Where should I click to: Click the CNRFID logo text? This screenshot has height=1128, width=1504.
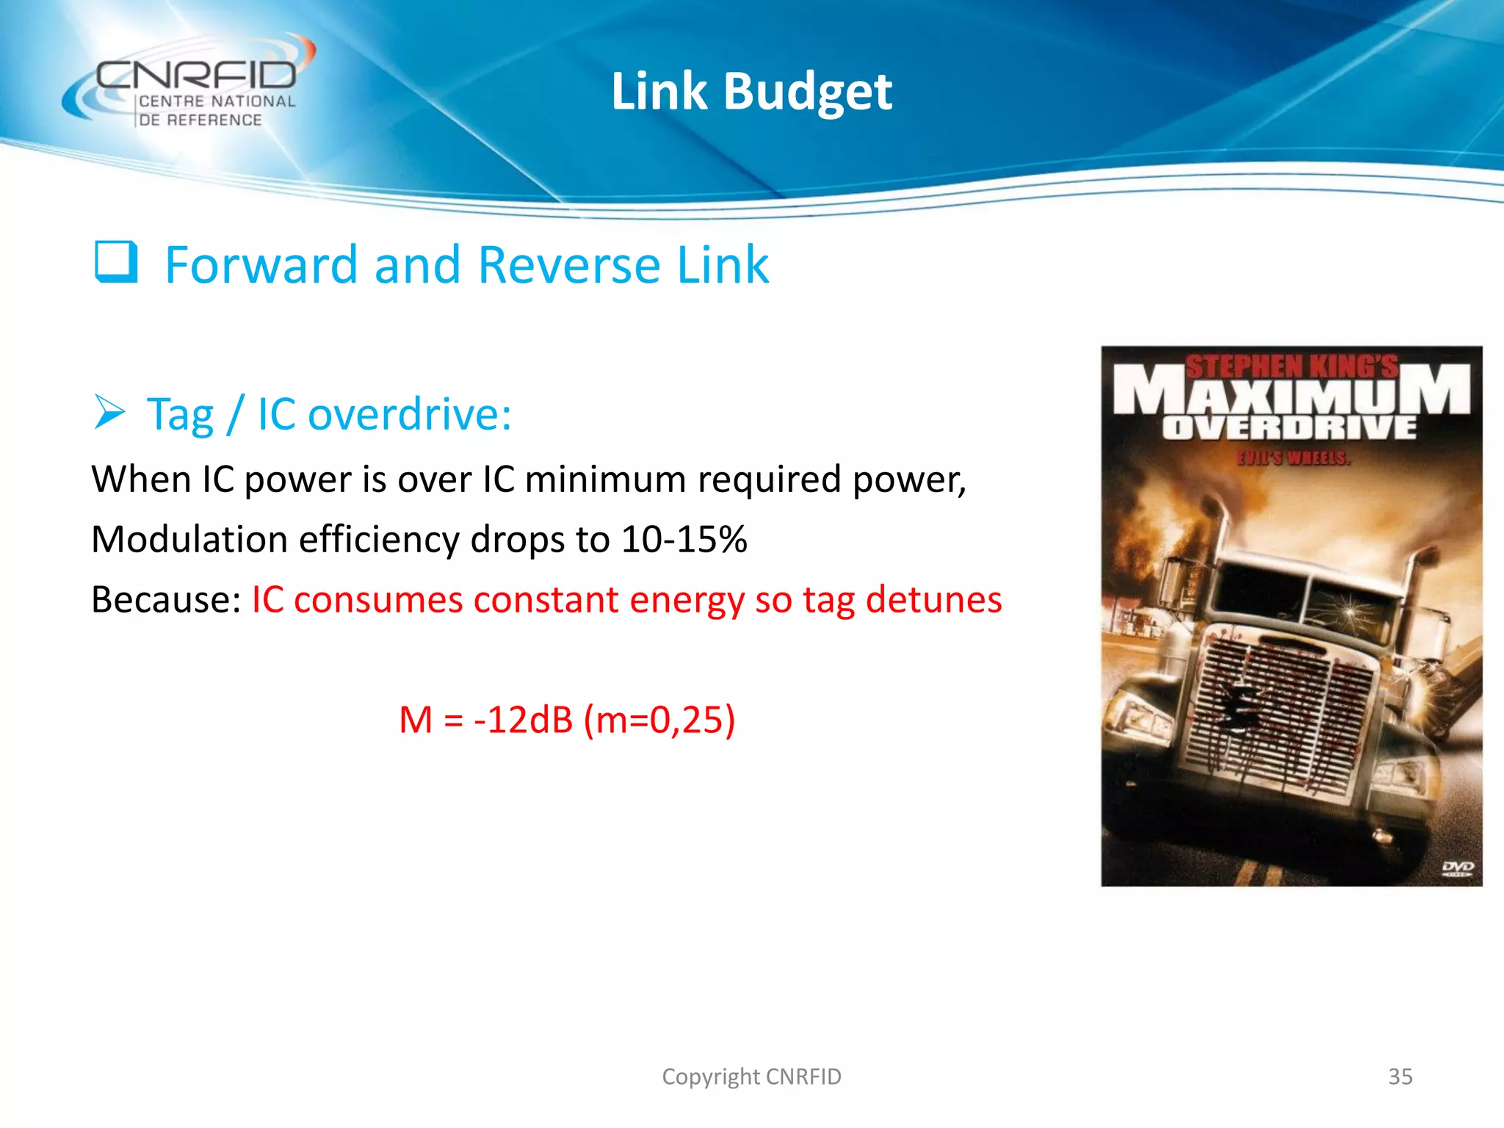click(196, 74)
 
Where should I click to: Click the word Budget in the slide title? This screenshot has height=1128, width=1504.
click(807, 93)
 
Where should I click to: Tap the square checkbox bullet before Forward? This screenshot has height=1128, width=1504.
click(116, 262)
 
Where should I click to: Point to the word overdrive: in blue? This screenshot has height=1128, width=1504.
click(409, 414)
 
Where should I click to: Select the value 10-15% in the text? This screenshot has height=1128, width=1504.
click(684, 540)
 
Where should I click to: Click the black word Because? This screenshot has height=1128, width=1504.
click(166, 600)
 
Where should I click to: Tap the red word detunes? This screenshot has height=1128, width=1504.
click(933, 600)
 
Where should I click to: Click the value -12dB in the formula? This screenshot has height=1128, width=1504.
click(523, 720)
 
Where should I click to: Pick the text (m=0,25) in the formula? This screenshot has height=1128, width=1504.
click(659, 720)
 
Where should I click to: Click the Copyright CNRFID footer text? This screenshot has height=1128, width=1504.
click(751, 1077)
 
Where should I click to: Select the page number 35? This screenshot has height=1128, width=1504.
click(1400, 1077)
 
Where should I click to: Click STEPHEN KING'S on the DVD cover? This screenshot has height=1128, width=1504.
click(1292, 366)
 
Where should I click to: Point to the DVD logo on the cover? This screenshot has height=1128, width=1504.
click(1457, 869)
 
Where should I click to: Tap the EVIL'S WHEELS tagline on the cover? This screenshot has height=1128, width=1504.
click(1293, 458)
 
